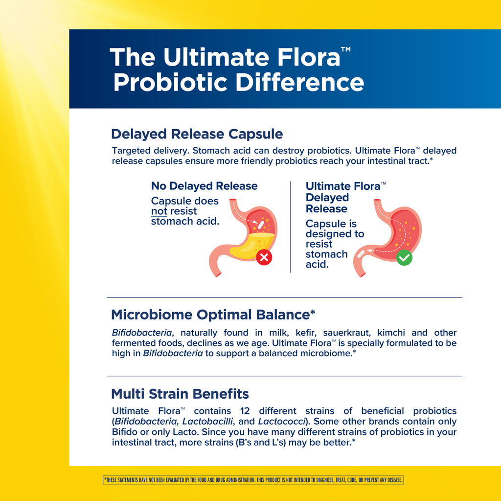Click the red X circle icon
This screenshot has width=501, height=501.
coord(264,257)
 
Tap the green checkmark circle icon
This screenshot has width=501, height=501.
coord(404,257)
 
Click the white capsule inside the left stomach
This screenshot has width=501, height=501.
coord(261,225)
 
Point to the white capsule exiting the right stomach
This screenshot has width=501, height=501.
coord(361,254)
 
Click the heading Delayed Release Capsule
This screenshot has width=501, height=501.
coord(197,134)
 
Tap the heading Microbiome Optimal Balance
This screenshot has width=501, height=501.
coord(213,315)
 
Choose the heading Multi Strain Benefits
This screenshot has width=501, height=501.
coord(180,394)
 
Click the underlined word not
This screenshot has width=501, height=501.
coord(159,211)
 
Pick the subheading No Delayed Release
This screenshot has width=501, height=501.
coord(204,186)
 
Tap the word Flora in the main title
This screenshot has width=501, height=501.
coord(309,57)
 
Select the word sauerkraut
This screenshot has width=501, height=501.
coord(347,333)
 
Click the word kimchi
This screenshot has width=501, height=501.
coord(391,333)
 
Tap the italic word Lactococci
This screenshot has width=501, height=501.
coord(282,421)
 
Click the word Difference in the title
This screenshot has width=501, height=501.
coord(300,83)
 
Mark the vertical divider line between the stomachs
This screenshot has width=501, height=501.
coord(291,227)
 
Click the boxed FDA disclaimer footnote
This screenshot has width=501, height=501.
coord(253,480)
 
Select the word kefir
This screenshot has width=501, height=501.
coord(306,333)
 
